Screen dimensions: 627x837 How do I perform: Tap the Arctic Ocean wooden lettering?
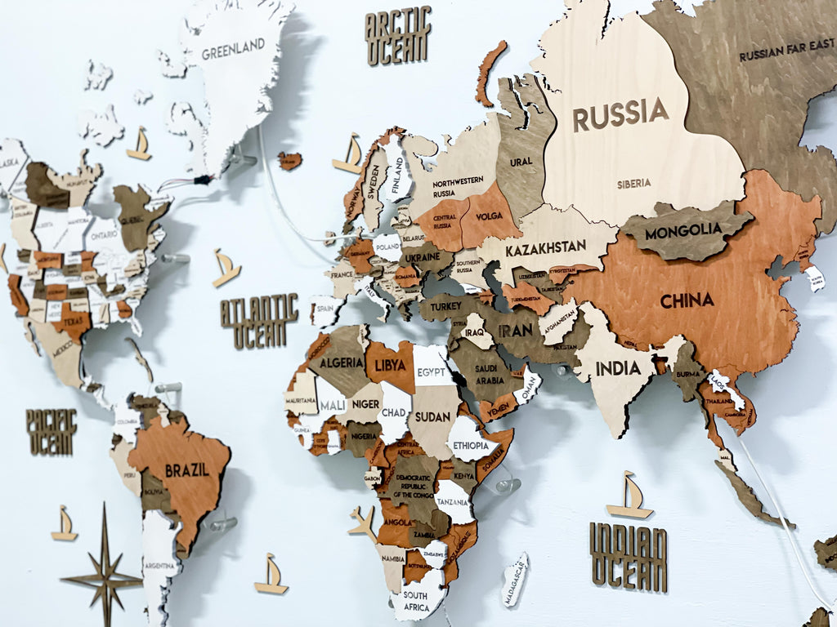398,36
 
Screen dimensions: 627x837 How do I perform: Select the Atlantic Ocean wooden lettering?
259,321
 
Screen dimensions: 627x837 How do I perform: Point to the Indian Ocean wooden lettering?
628,557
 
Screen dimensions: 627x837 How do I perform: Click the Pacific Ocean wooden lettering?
51,432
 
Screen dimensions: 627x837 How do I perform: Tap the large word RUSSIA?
620,114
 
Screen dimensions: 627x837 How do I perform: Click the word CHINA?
687,300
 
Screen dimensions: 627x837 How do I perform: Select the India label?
618,368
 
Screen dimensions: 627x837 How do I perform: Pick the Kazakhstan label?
545,247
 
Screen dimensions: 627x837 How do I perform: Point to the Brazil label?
186,470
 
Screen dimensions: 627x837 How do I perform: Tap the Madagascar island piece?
516,579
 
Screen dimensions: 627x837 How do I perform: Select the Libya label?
390,362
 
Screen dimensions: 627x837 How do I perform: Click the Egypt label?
432,371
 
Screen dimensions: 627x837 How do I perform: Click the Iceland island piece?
289,160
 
